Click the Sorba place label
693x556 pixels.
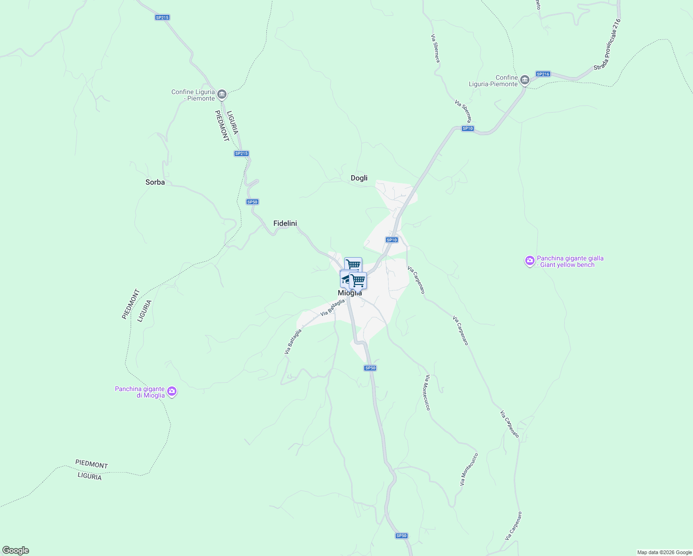tap(155, 182)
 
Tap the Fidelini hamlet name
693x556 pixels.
tap(285, 223)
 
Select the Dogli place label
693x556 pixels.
tap(359, 178)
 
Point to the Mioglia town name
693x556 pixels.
tap(350, 293)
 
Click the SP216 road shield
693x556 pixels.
tap(542, 74)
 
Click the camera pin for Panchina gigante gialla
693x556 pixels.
tap(529, 261)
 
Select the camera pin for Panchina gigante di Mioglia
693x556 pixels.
tap(172, 392)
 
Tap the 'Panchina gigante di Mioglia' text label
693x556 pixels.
tap(139, 392)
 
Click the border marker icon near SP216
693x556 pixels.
tap(524, 80)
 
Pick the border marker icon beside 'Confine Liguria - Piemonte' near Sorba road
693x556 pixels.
tap(221, 95)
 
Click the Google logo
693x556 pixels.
tap(16, 550)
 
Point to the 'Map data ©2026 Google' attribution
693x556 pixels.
tap(664, 552)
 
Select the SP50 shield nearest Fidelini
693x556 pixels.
tap(252, 202)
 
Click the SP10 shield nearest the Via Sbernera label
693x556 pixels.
tap(468, 128)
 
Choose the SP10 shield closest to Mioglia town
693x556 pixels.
tap(392, 240)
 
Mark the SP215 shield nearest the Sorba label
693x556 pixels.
tap(241, 153)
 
